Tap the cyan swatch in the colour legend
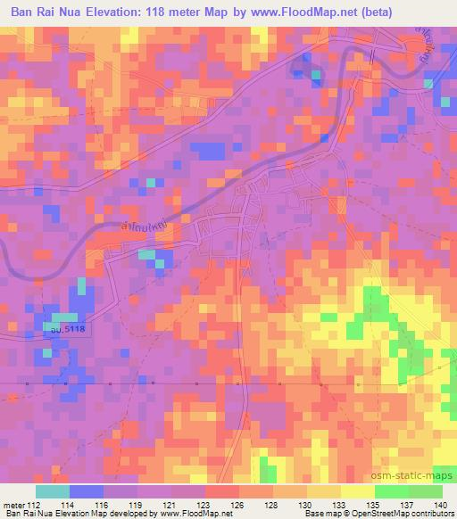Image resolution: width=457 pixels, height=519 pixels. coord(53,490)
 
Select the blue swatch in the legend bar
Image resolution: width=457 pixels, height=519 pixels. coord(87,490)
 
